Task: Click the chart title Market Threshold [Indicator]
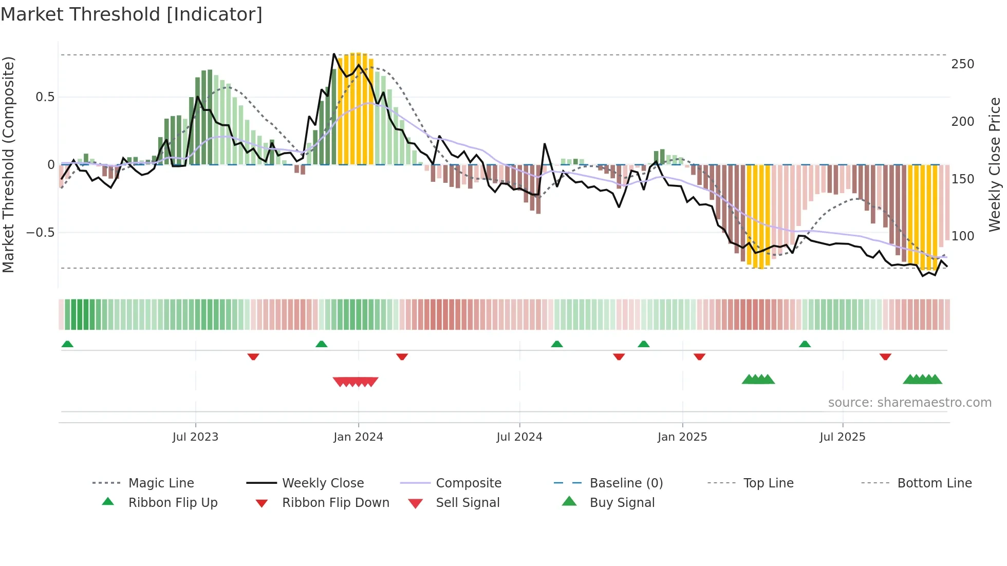(132, 14)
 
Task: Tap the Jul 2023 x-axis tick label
(195, 437)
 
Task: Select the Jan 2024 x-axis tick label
(358, 437)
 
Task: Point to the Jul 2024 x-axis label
(519, 437)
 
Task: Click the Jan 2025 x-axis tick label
(682, 437)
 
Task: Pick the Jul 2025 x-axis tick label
(843, 437)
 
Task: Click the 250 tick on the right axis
(962, 64)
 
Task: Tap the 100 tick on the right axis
(962, 236)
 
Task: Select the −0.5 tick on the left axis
(41, 233)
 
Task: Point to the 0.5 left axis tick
(45, 97)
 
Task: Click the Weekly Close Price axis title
(995, 164)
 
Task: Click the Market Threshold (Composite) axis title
(9, 164)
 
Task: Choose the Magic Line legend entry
(161, 483)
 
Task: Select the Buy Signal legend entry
(622, 503)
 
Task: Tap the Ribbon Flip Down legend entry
(335, 503)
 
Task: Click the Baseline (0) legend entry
(626, 483)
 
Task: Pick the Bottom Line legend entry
(934, 483)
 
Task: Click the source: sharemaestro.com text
(909, 403)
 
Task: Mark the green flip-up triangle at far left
(67, 344)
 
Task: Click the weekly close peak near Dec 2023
(334, 54)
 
